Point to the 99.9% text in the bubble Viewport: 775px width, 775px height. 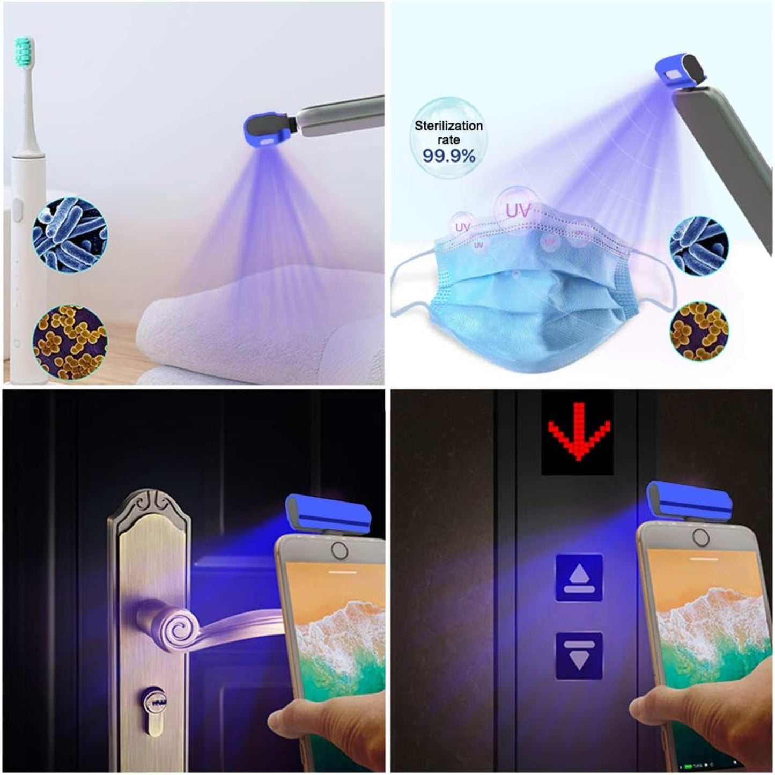point(449,156)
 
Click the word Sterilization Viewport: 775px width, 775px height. point(448,126)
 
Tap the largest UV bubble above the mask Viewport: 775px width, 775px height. point(517,210)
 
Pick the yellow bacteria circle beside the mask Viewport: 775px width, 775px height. point(699,331)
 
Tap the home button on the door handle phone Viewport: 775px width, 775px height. point(339,550)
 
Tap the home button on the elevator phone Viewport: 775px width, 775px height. point(700,537)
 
